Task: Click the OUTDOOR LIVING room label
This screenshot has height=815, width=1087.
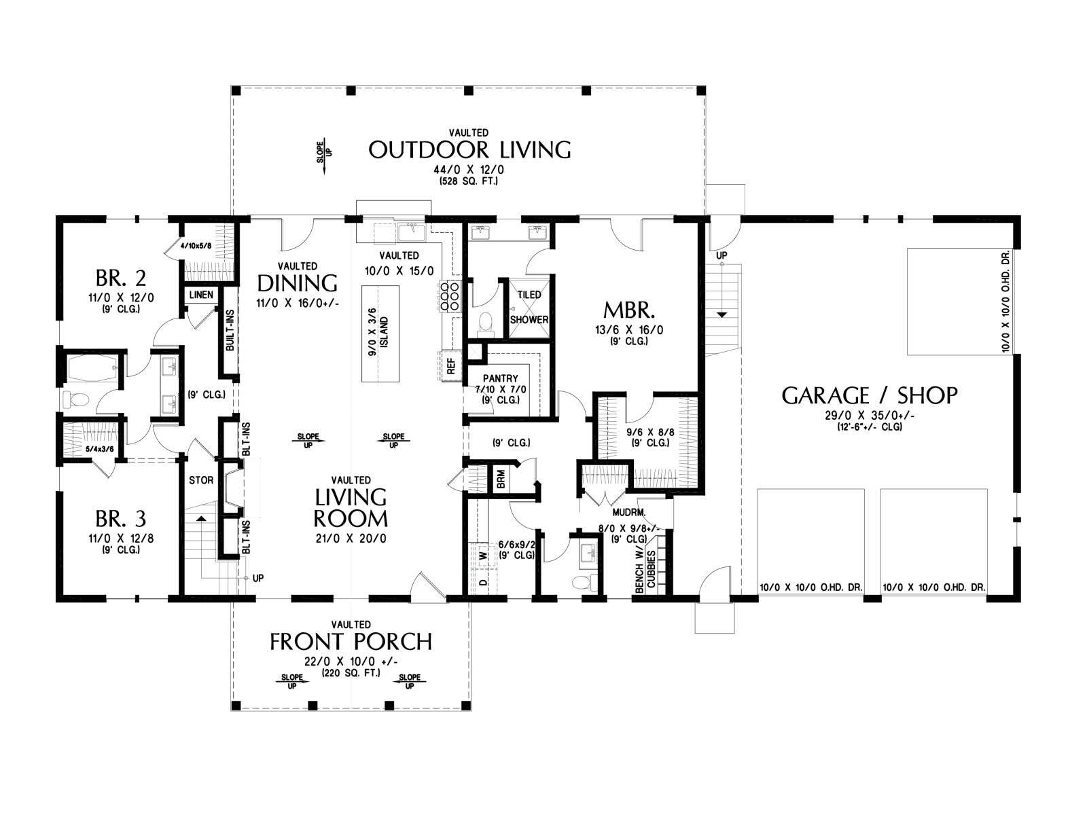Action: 469,149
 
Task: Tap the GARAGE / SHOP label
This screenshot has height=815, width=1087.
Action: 869,395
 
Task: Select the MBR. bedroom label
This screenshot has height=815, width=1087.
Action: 629,310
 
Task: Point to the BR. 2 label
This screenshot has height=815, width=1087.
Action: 121,278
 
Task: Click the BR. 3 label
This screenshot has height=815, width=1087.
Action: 121,519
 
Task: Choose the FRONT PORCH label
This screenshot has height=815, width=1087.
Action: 351,642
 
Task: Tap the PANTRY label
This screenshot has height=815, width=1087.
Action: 501,378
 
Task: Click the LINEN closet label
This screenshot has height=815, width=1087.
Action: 202,295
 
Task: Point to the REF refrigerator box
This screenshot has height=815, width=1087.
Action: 450,365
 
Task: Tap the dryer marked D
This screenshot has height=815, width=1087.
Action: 482,583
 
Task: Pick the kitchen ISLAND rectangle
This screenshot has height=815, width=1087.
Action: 380,333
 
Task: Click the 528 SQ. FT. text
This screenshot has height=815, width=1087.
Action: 469,181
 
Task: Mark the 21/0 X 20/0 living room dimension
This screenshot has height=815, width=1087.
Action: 351,539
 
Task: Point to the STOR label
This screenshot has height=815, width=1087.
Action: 201,480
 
